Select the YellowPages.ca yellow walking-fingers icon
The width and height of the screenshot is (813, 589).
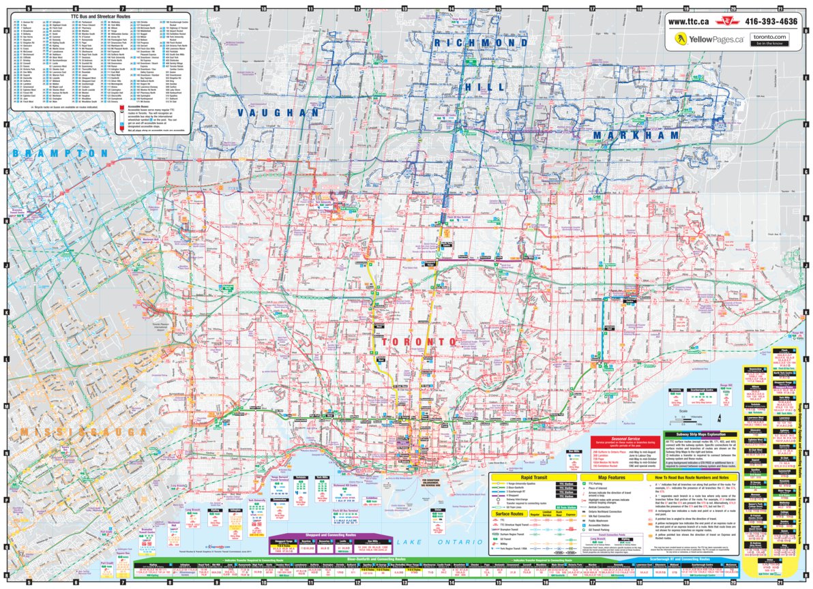click(680, 40)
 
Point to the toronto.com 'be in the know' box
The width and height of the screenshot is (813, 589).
click(769, 40)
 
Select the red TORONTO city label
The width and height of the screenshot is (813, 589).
click(418, 341)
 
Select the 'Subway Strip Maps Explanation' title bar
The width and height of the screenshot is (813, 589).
click(700, 434)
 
